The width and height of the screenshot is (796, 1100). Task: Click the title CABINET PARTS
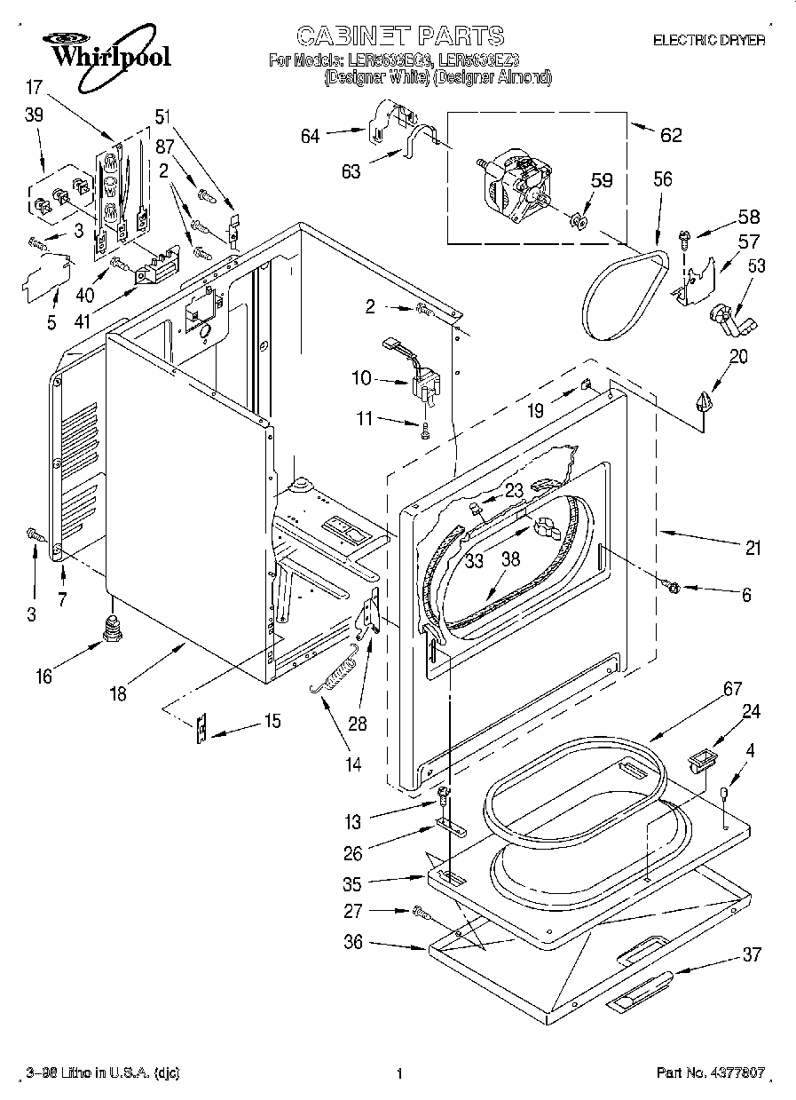399,36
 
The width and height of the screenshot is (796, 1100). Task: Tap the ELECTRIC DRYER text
708,40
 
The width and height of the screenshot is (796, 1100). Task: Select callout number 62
671,135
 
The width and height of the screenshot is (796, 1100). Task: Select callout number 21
753,549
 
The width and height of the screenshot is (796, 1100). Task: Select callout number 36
353,942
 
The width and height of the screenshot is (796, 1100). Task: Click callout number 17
33,87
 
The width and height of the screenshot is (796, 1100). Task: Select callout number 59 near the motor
602,179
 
